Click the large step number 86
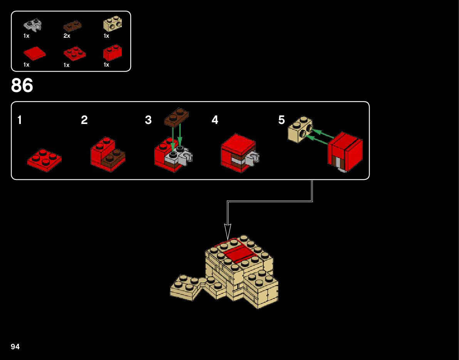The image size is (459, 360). click(22, 85)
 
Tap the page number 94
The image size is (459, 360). click(15, 347)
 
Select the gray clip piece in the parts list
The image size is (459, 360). click(33, 25)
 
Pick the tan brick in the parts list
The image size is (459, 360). click(113, 25)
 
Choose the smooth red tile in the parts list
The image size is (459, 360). click(35, 53)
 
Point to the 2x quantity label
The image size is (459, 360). click(67, 36)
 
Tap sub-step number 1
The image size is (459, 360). click(20, 121)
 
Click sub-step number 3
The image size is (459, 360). click(148, 121)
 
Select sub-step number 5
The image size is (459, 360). click(282, 121)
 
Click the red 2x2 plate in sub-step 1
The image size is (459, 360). click(44, 161)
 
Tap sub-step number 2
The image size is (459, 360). click(84, 121)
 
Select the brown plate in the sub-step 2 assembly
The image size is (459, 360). click(114, 158)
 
